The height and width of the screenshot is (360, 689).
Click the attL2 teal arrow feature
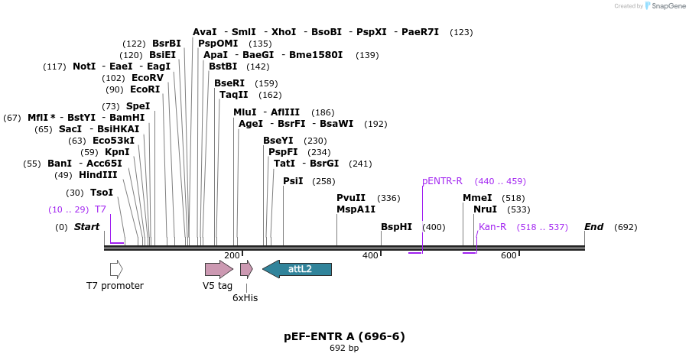point(297,268)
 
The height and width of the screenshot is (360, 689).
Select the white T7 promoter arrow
point(116,268)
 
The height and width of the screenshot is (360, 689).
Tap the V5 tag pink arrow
point(219,268)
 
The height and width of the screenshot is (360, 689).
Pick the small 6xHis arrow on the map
point(245,268)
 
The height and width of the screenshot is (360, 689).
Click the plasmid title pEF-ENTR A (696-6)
point(344,336)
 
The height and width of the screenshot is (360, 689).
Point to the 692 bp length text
point(344,349)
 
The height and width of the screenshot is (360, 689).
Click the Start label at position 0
point(86,227)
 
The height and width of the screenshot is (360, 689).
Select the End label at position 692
point(593,227)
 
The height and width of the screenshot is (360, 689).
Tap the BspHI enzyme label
point(396,227)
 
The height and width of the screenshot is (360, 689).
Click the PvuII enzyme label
point(351,198)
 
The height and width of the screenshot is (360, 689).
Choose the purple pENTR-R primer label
point(442,181)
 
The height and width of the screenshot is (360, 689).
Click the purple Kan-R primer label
point(492,227)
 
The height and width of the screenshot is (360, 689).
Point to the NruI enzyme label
point(485,209)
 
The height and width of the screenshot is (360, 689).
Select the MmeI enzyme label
point(477,198)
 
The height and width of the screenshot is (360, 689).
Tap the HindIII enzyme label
point(98,175)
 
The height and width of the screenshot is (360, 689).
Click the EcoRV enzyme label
point(148,78)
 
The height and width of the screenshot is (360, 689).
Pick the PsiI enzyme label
point(293,181)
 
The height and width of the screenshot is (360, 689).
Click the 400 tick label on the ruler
point(370,255)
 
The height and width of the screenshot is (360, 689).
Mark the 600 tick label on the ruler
point(509,255)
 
